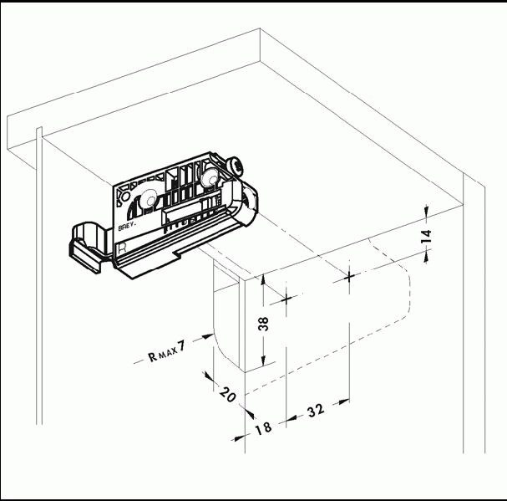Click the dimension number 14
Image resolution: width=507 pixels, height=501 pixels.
427,236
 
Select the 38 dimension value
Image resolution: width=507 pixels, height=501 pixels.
264,325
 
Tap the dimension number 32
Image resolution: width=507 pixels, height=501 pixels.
316,411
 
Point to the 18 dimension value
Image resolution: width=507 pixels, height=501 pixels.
264,429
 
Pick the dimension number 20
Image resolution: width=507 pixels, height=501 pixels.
228,394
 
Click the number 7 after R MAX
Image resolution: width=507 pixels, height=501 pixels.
182,346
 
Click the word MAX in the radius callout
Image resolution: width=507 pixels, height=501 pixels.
168,352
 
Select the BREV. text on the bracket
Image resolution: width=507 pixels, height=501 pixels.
128,226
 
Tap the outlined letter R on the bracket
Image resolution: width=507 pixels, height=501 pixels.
122,248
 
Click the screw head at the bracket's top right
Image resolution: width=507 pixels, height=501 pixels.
236,166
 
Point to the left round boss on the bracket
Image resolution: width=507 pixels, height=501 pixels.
149,199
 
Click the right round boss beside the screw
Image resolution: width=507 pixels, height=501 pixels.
209,177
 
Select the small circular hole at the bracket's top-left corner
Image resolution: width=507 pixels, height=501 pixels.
125,197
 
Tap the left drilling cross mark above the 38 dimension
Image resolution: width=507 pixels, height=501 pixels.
286,299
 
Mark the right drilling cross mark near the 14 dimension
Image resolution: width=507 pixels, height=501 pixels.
349,277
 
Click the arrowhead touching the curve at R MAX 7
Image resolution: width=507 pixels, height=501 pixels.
208,336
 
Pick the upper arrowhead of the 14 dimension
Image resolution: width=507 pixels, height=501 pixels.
427,210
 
